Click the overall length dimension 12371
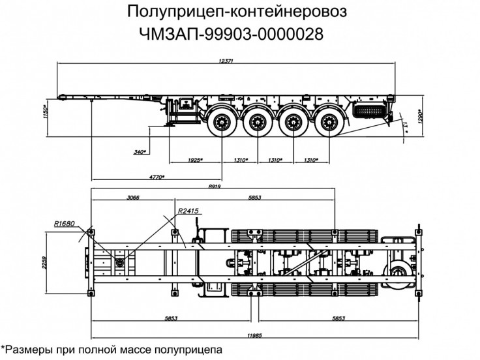click(x=226, y=60)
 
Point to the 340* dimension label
click(x=138, y=152)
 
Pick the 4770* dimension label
click(x=155, y=177)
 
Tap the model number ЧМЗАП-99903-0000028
click(x=231, y=32)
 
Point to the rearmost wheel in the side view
click(x=324, y=122)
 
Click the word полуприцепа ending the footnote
click(x=189, y=350)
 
